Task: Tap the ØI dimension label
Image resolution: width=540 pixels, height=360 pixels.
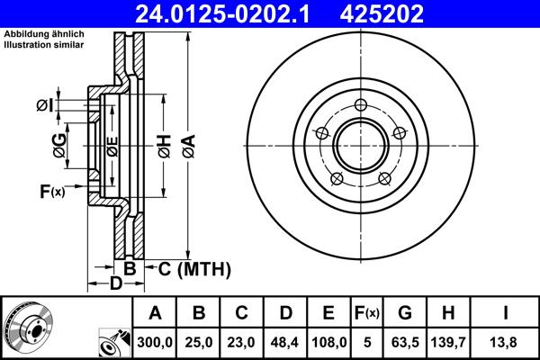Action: coord(45,107)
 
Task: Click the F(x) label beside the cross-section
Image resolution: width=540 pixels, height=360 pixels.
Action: coord(52,191)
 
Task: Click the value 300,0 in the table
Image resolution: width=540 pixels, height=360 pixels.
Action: coord(155,342)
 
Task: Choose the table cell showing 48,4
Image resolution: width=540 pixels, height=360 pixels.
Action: coord(285,342)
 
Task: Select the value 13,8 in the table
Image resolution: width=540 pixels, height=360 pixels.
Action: coord(504,342)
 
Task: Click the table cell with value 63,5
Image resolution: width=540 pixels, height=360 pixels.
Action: coord(405,342)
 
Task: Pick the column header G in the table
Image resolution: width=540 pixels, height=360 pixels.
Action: coord(405,313)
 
